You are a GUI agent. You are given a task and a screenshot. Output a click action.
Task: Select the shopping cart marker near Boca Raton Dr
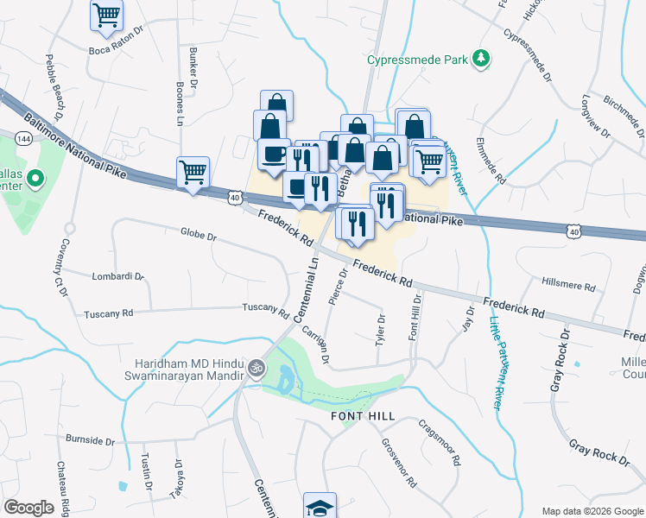[106, 13]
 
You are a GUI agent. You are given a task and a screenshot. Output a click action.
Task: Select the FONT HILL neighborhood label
[363, 416]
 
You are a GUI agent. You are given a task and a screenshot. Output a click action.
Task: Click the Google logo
[28, 508]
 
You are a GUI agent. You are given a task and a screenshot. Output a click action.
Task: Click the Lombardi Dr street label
[117, 276]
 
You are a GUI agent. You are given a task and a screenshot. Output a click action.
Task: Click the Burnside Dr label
[90, 440]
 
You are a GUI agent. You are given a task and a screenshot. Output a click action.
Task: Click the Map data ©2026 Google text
[592, 510]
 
